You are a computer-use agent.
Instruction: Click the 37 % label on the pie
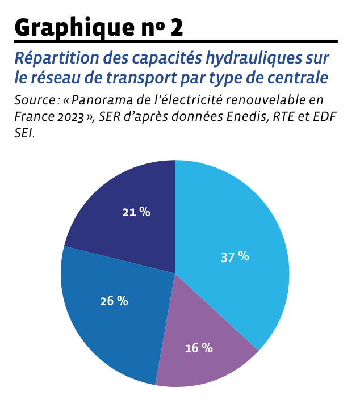(x=235, y=256)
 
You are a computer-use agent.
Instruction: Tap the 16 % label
(x=199, y=348)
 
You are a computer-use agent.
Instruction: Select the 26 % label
(x=114, y=301)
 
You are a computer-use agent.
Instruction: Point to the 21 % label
(x=136, y=212)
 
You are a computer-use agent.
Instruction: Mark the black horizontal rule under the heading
(x=176, y=42)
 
